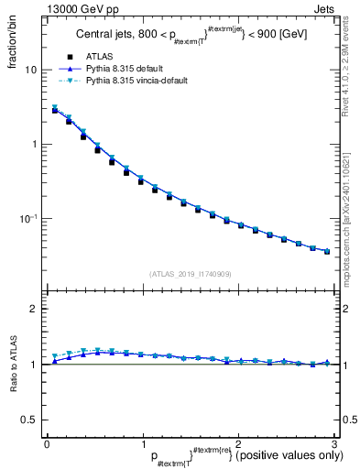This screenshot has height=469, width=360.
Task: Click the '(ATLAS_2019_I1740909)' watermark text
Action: [190, 274]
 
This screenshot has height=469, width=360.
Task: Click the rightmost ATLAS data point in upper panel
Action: [327, 251]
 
